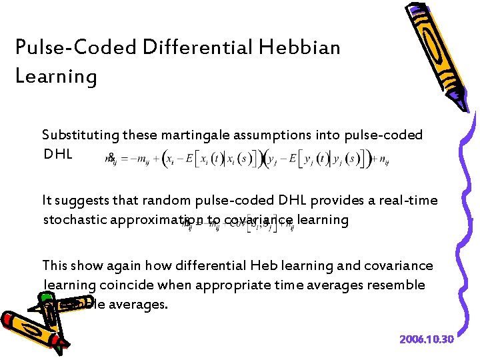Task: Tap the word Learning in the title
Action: pos(56,76)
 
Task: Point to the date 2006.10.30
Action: pos(427,339)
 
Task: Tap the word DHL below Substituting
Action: pos(58,154)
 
